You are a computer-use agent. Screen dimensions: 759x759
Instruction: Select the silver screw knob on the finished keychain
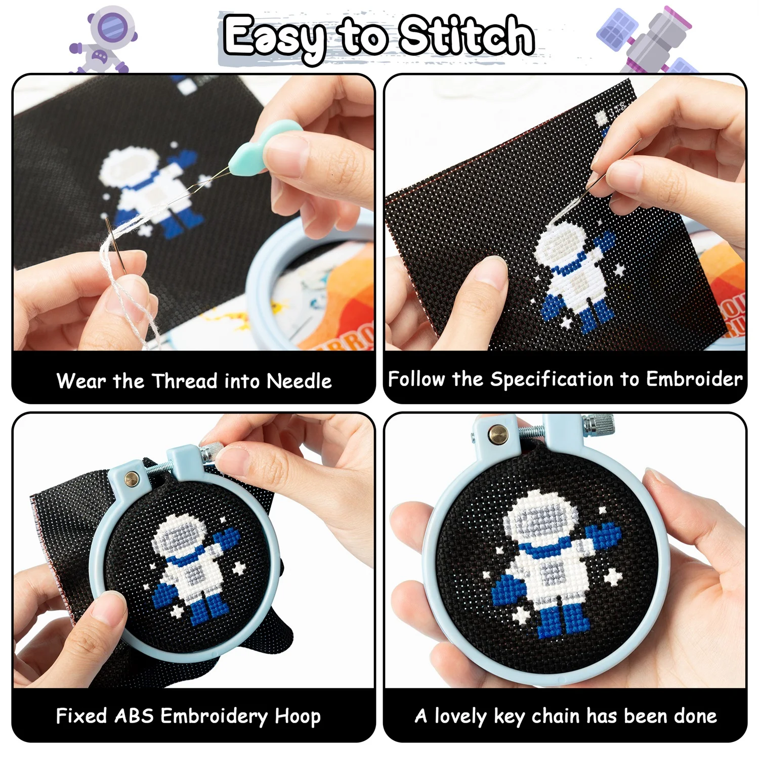[599, 424]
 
